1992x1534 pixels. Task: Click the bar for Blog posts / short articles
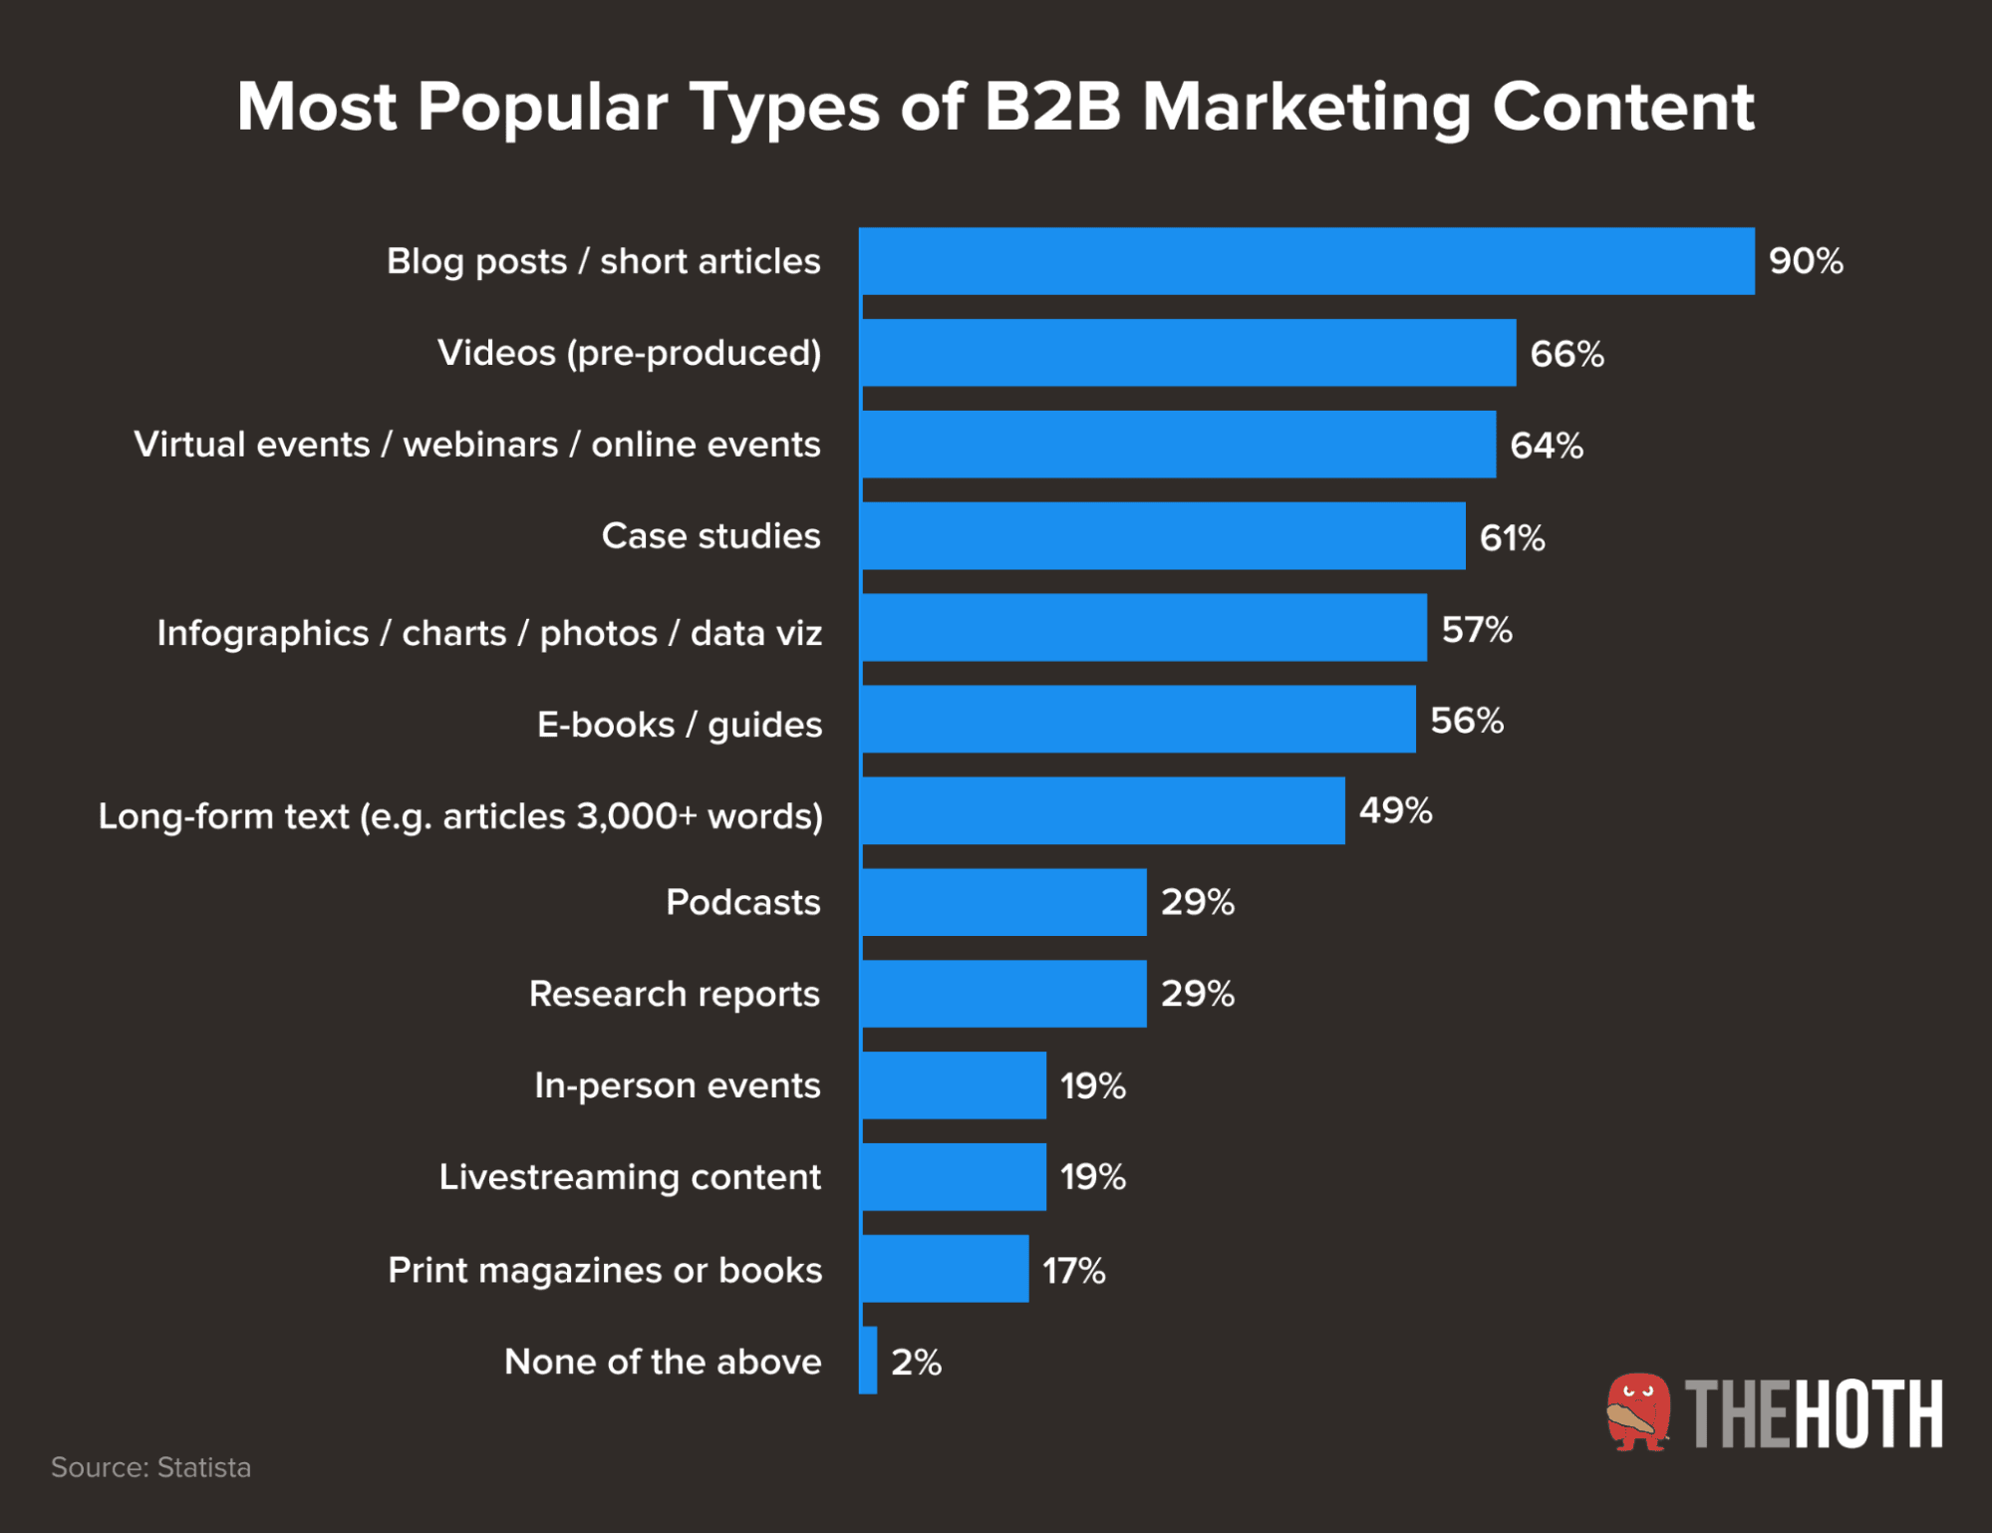coord(1305,261)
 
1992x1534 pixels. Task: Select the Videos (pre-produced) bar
coord(1188,353)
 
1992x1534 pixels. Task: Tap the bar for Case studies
coord(1163,536)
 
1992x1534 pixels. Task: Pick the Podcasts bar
coord(1003,902)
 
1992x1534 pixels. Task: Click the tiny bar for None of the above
coord(868,1361)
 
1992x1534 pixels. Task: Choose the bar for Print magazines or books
coord(945,1269)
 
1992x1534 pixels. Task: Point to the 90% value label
coord(1806,261)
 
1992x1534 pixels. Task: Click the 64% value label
coord(1547,446)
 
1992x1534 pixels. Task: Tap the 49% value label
coord(1395,810)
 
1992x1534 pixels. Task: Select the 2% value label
coord(916,1362)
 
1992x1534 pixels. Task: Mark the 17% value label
coord(1073,1271)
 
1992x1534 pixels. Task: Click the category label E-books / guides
coord(680,725)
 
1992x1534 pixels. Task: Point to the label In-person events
coord(677,1085)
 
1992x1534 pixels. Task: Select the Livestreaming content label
coord(630,1177)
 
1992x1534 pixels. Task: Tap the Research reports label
coord(674,994)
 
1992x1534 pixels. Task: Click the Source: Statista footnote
coord(150,1467)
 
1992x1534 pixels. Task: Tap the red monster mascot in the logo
coord(1637,1412)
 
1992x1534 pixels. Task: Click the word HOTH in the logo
coord(1869,1414)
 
